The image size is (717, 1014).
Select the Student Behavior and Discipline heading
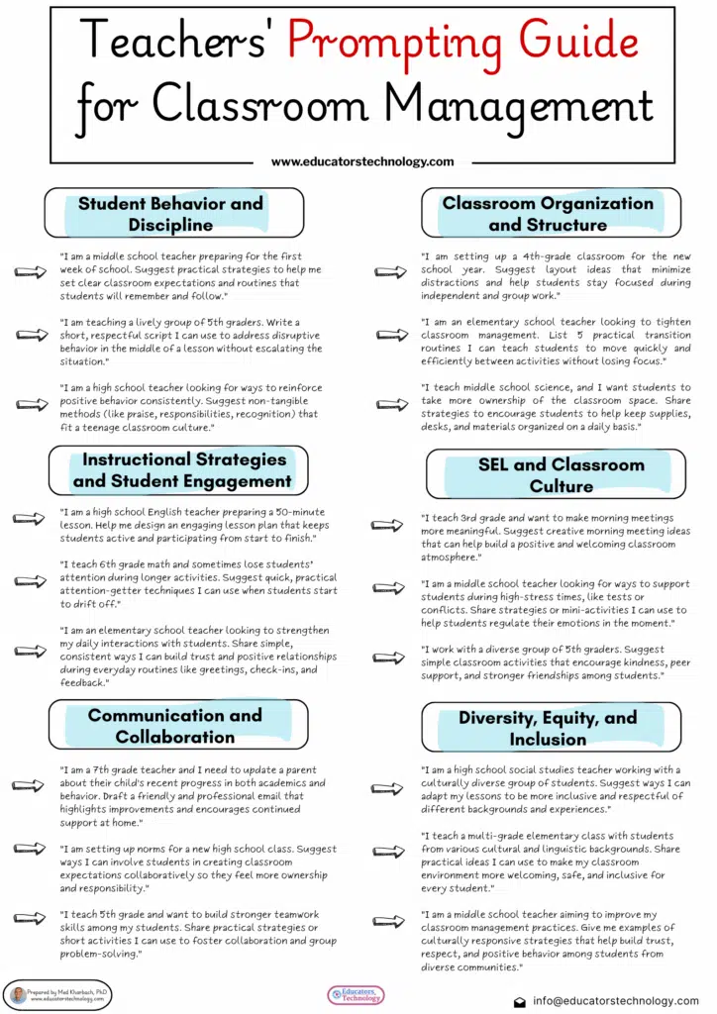170,214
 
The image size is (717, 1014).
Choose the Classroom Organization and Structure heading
548,214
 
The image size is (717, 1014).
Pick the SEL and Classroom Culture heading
561,475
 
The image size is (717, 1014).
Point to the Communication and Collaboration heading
174,726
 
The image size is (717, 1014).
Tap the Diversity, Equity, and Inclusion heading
548,728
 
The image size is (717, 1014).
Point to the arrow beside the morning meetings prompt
384,526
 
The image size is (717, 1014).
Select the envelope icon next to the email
520,1001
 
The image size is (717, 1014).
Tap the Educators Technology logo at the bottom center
357,994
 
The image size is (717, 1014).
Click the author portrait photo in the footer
19,995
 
